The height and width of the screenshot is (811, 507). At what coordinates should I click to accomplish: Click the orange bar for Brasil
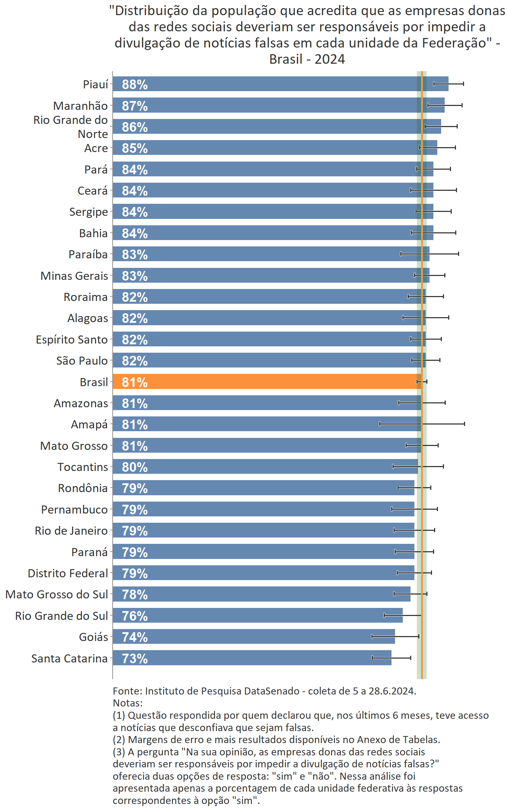(267, 382)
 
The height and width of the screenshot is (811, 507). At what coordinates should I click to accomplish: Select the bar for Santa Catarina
(252, 658)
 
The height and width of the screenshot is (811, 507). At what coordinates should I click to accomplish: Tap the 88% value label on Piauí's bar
(134, 84)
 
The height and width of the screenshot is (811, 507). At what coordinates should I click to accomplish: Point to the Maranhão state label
(80, 106)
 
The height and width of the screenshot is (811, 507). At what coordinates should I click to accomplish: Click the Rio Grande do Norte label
(71, 127)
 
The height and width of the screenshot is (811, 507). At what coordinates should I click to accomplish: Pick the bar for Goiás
(254, 636)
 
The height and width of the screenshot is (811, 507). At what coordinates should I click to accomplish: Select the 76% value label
(134, 616)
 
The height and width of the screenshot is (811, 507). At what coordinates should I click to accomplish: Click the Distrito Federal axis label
(68, 573)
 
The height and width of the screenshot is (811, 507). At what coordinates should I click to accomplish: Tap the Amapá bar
(267, 424)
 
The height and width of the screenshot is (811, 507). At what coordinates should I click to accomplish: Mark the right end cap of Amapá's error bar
(464, 424)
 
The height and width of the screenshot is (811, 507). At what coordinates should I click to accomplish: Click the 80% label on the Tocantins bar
(134, 467)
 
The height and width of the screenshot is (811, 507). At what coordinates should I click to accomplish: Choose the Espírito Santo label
(72, 339)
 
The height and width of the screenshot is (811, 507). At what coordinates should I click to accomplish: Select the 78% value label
(134, 594)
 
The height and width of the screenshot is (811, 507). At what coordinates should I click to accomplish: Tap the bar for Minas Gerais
(271, 275)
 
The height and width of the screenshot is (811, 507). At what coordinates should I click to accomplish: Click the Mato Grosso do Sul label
(57, 594)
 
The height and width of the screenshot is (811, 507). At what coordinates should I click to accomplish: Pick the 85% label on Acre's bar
(134, 148)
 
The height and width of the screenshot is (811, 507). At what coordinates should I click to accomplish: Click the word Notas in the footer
(127, 703)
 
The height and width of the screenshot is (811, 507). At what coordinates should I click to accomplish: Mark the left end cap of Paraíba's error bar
(401, 254)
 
